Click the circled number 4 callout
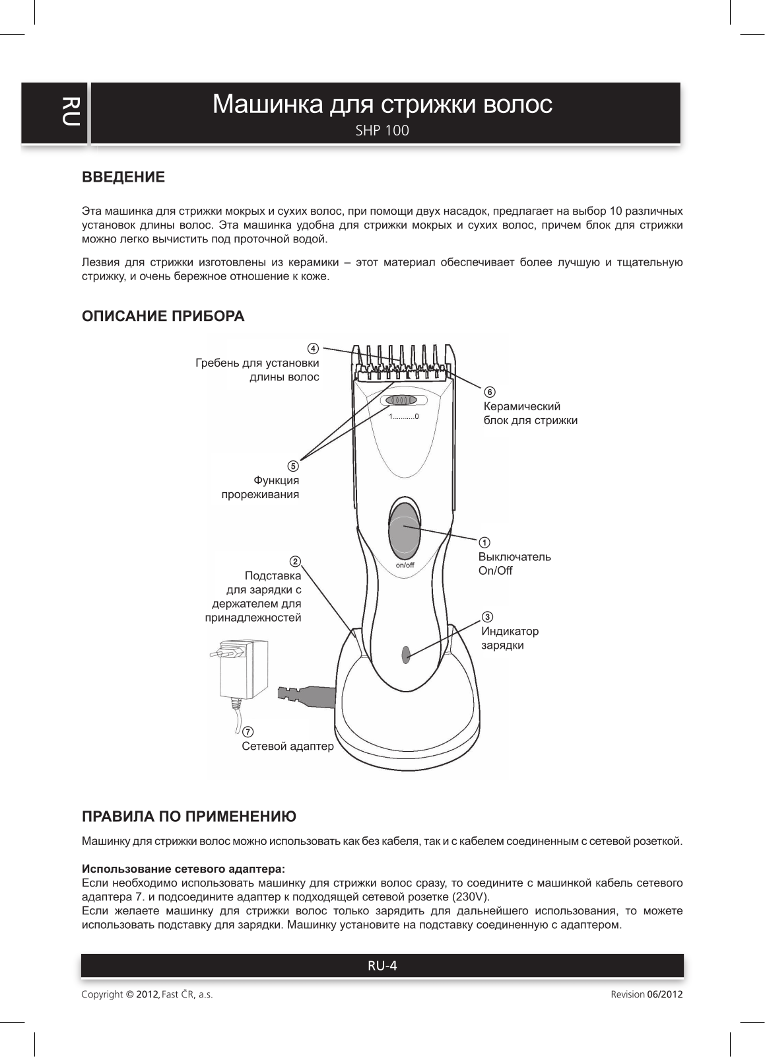click(314, 348)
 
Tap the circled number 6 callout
click(489, 392)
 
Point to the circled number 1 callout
click(484, 542)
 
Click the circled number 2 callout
click(296, 562)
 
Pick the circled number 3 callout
click(487, 617)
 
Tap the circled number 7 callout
click(247, 732)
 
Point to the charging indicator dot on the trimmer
click(406, 654)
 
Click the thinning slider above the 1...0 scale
click(401, 400)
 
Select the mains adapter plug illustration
click(240, 670)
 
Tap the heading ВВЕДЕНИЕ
click(123, 177)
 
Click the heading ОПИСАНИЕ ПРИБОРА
click(162, 316)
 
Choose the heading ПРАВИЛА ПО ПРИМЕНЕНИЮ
click(189, 817)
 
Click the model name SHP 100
click(382, 131)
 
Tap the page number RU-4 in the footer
click(382, 966)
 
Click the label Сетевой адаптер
click(288, 747)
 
